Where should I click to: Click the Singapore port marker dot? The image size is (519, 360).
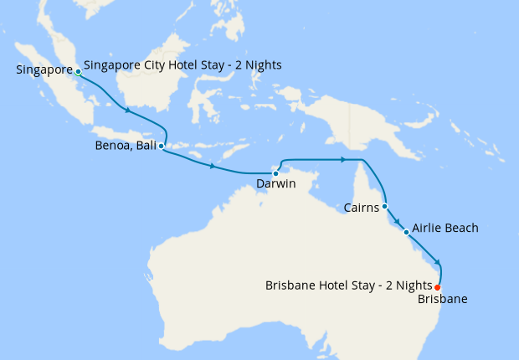(78, 72)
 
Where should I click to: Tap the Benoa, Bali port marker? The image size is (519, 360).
(161, 146)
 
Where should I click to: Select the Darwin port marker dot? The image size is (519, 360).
(275, 173)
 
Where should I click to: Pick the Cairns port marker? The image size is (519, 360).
(384, 206)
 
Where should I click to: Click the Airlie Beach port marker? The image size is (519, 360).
(406, 232)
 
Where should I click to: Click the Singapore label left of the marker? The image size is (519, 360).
(44, 69)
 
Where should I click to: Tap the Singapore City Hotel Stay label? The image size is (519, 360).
(182, 65)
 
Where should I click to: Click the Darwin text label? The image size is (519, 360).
(276, 184)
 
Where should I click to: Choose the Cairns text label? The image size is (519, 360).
(362, 206)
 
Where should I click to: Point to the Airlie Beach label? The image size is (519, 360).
(444, 228)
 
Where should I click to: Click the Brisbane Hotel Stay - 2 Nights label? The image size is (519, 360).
(348, 285)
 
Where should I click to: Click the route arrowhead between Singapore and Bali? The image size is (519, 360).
(127, 111)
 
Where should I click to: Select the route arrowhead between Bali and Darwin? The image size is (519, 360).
(213, 167)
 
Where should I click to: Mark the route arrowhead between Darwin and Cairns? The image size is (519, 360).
(343, 159)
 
